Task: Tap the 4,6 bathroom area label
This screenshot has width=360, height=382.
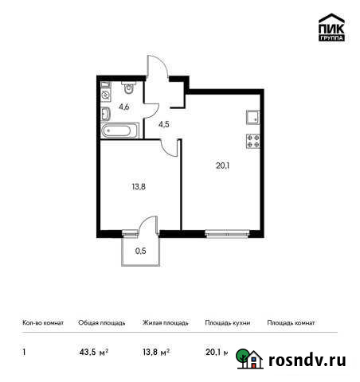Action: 125,105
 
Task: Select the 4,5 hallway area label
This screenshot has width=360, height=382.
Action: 164,125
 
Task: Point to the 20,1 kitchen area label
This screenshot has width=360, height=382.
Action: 222,166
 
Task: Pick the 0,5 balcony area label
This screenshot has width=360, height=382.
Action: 140,251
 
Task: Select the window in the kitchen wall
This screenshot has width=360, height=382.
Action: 225,233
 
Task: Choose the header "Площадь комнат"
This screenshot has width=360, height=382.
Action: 291,323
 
